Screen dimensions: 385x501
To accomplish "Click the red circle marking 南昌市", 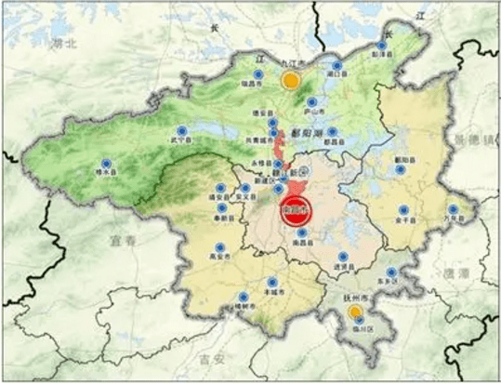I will (x=295, y=211).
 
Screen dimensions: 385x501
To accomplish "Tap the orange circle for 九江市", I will (x=291, y=80).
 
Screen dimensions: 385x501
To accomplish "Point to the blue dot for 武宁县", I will (x=181, y=129).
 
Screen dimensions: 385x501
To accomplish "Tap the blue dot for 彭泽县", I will (x=381, y=45).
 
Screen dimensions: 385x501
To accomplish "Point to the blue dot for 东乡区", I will (x=391, y=272).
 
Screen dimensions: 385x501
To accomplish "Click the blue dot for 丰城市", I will (x=271, y=282).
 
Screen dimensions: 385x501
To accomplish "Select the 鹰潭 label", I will (x=457, y=275).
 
